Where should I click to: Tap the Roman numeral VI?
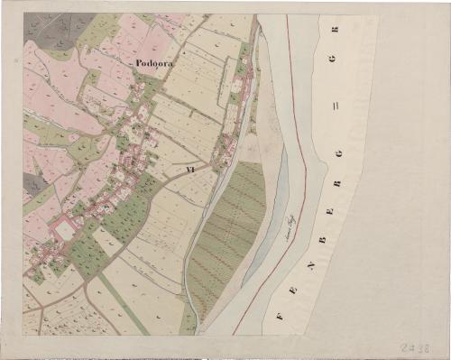pyautogui.click(x=189, y=168)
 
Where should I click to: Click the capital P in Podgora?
pyautogui.click(x=140, y=63)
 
